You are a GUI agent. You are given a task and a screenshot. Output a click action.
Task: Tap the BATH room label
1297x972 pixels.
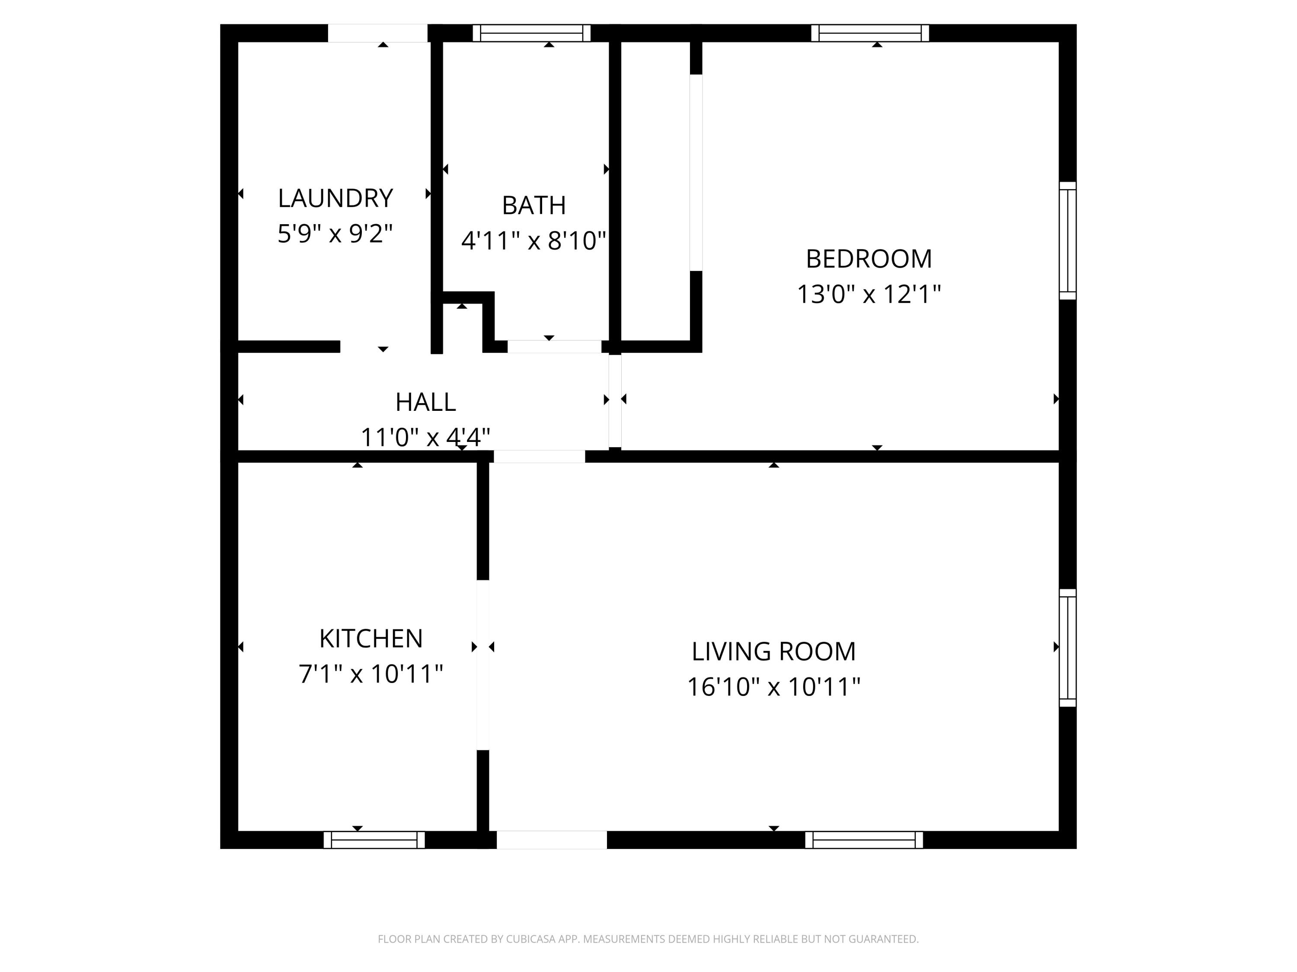click(x=533, y=206)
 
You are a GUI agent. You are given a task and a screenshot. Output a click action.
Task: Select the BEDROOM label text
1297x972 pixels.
click(x=869, y=259)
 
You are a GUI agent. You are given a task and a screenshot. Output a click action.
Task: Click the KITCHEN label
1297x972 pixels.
click(x=371, y=638)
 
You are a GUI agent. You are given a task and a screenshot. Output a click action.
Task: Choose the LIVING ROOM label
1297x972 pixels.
click(x=773, y=651)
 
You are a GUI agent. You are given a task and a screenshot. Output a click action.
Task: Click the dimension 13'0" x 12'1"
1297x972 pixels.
click(x=869, y=294)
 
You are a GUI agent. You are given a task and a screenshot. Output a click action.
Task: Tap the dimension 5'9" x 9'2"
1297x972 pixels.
click(x=335, y=234)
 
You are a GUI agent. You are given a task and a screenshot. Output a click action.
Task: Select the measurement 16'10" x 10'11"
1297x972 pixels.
click(x=773, y=687)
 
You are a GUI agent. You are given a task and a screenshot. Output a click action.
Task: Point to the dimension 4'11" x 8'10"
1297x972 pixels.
click(x=533, y=241)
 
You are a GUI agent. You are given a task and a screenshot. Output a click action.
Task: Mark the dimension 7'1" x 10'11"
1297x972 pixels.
click(x=371, y=674)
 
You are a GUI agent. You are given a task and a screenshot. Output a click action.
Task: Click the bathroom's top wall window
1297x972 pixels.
click(x=531, y=33)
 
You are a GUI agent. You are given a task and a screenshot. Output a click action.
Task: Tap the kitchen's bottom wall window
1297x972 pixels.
click(x=374, y=839)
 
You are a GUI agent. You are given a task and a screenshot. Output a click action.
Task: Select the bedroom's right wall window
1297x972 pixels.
click(x=1068, y=241)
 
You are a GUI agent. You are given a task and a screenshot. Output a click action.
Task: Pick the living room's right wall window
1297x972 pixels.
click(x=1068, y=648)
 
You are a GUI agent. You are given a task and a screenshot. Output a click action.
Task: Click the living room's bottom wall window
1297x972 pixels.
click(x=864, y=839)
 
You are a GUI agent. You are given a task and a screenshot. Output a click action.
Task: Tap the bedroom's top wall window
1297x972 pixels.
click(x=870, y=33)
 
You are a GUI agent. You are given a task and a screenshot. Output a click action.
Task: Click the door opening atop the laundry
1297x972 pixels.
click(x=377, y=33)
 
